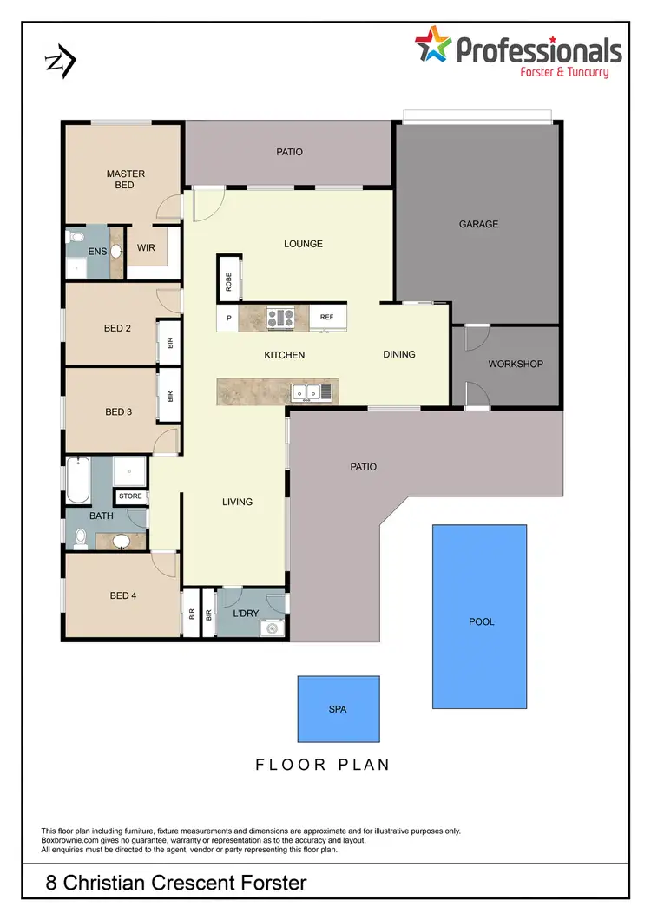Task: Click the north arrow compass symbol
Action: click(61, 61)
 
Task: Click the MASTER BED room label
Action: click(125, 179)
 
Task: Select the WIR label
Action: click(146, 248)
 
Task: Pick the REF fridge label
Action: click(326, 318)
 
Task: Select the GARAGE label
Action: click(478, 224)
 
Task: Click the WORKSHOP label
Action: click(515, 364)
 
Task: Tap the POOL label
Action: click(480, 622)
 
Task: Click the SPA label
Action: click(338, 709)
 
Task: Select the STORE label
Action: click(130, 496)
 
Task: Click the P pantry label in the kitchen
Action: click(229, 318)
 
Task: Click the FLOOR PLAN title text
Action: click(322, 765)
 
